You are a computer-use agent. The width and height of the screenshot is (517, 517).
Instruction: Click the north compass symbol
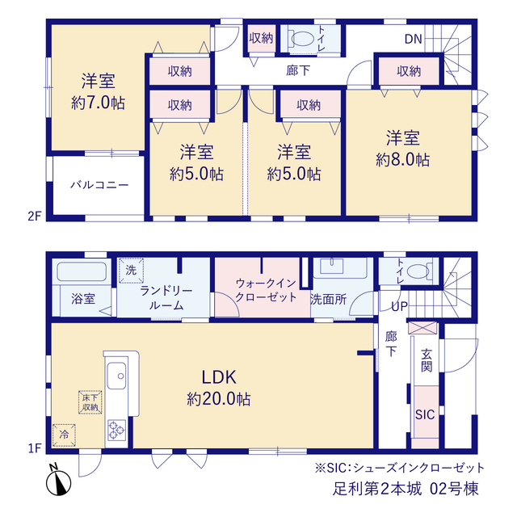[x=58, y=481]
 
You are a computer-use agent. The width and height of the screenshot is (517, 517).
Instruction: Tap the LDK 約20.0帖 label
[x=219, y=388]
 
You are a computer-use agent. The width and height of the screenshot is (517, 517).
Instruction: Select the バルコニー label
[x=99, y=185]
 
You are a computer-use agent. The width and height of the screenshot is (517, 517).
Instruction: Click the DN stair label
[x=413, y=40]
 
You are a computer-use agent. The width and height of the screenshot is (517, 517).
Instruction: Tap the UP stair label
[x=399, y=307]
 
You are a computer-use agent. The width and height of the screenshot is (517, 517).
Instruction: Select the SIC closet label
[x=425, y=414]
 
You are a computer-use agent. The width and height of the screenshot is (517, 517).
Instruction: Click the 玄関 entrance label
[x=427, y=360]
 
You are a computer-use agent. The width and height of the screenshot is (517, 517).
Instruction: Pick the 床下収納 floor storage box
[x=90, y=402]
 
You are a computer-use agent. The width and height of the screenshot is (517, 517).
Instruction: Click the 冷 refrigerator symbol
[x=65, y=435]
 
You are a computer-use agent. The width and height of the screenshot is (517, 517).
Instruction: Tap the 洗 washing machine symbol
[x=131, y=271]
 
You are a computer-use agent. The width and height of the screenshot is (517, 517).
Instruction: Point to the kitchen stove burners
[x=116, y=431]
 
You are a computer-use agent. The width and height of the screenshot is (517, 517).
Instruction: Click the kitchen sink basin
[x=116, y=376]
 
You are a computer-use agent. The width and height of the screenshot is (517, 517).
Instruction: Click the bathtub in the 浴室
[x=82, y=271]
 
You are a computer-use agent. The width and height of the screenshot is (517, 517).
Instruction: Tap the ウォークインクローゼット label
[x=266, y=290]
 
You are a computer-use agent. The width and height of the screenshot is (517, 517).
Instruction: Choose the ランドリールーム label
[x=166, y=298]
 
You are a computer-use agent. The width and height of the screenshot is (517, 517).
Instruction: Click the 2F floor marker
[x=34, y=216]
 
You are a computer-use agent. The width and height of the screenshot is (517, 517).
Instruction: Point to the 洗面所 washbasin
[x=332, y=266]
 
